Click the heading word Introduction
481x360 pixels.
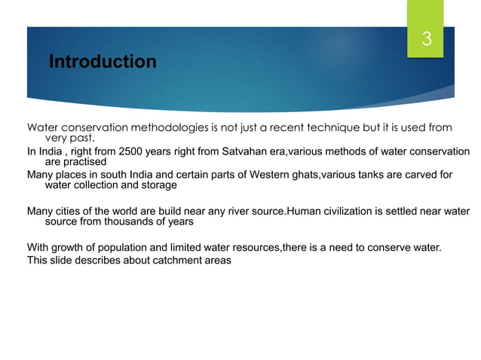[x=103, y=62]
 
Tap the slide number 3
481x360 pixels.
[x=426, y=40]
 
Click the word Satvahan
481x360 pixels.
[x=247, y=151]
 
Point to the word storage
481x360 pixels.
[x=158, y=185]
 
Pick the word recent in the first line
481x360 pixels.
[x=299, y=127]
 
